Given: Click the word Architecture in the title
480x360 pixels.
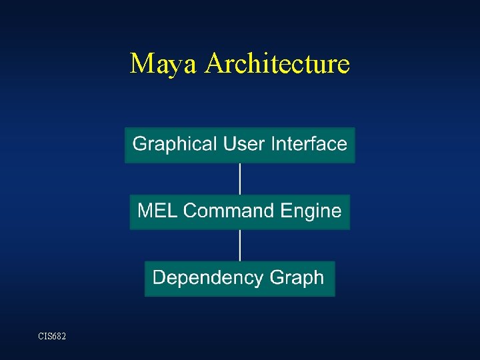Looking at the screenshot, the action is coord(277,64).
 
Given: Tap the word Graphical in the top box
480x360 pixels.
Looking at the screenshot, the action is coord(175,144).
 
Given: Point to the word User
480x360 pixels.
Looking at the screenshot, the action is coord(243,144).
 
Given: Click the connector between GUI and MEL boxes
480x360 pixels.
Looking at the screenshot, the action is coord(240,179).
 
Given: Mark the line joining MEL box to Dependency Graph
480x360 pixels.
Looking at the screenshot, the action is coord(240,245).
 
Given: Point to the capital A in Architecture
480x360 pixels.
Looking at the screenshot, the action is coord(215,64).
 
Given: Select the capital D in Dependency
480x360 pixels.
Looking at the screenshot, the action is coord(159,277).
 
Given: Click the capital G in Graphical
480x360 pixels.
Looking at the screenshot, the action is coord(139,144).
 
